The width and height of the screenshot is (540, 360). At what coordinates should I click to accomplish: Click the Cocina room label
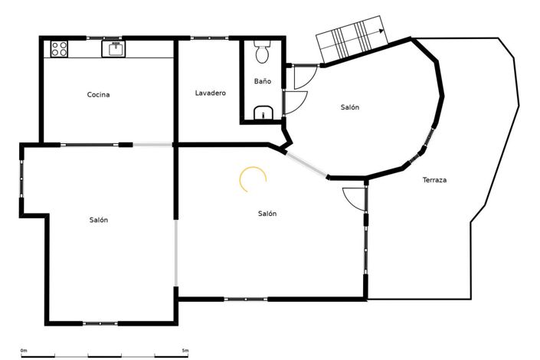[x=98, y=95]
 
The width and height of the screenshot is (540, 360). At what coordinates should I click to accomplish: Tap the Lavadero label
[x=210, y=93]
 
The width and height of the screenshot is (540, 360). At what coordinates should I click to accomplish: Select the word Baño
[x=262, y=81]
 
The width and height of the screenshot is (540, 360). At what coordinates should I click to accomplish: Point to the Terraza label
[x=434, y=181]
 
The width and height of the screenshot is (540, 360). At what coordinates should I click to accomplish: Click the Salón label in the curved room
[x=350, y=107]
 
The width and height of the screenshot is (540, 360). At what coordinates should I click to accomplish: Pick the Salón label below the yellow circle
[x=267, y=214]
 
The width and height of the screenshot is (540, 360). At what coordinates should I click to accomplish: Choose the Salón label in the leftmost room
[x=98, y=220]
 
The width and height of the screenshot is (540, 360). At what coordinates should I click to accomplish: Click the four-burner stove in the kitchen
[x=59, y=49]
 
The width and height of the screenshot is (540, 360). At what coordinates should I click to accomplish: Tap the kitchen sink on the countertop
[x=114, y=49]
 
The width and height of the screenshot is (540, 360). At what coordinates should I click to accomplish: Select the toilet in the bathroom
[x=262, y=54]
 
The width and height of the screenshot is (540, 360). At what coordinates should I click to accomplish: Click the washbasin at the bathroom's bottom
[x=263, y=114]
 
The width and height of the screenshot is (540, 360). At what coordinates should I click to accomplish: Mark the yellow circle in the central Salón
[x=253, y=179]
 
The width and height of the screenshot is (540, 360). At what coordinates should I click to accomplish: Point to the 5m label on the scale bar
[x=185, y=351]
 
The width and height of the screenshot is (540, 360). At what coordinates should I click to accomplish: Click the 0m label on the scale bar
[x=24, y=351]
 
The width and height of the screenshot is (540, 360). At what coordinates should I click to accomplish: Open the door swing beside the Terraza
[x=353, y=198]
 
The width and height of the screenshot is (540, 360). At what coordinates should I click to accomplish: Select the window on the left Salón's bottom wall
[x=101, y=323]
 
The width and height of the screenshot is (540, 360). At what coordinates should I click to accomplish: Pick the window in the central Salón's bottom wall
[x=246, y=299]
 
